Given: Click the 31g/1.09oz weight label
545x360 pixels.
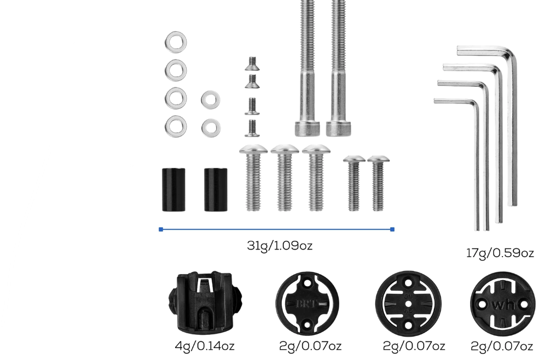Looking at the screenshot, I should click(279, 246).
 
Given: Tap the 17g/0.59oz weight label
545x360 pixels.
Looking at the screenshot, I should click(500, 253).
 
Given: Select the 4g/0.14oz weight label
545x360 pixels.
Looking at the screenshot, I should click(202, 346).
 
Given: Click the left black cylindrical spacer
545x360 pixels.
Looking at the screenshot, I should click(173, 189).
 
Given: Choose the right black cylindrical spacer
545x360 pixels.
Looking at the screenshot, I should click(216, 189).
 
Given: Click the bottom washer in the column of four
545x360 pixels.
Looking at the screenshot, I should click(176, 125).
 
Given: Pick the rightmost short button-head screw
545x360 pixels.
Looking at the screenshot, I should click(378, 183).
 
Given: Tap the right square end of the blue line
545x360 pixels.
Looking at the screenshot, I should click(392, 229).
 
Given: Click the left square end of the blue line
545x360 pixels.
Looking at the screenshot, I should click(161, 229).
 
